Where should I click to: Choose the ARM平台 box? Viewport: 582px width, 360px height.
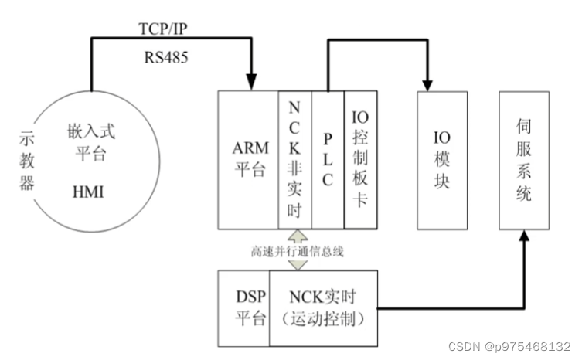[248, 159]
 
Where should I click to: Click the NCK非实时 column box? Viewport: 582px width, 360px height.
[294, 159]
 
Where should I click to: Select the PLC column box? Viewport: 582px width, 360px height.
[328, 159]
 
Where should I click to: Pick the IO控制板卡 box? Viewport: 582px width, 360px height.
[361, 159]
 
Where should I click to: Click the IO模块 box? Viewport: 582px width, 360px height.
[442, 160]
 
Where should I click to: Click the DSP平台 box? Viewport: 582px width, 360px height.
[244, 308]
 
